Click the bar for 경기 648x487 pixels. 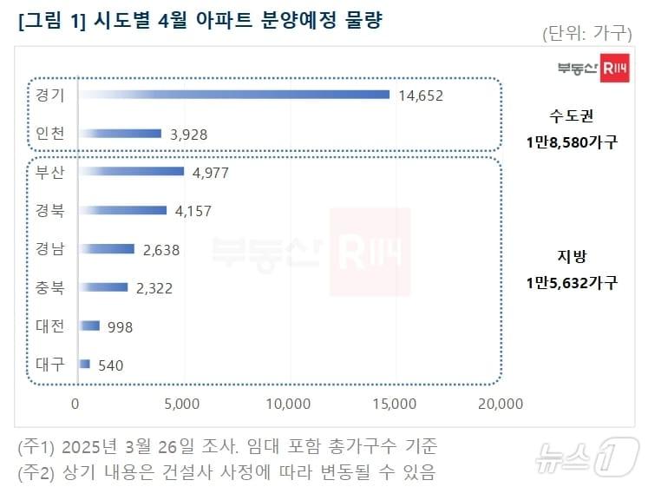pos(234,95)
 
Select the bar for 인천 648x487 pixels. pos(121,134)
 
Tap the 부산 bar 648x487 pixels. pos(132,172)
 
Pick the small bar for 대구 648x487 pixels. pos(85,365)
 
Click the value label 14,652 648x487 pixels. pos(420,95)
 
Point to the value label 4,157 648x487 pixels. pos(193,211)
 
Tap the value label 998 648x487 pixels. pos(120,326)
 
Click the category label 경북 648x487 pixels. pos(49,210)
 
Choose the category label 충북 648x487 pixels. pos(49,287)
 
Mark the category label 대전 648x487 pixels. pos(49,326)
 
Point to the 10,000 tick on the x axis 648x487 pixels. pos(287,404)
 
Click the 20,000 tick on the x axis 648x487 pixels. pos(500,404)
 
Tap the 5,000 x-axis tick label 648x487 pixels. pos(182,404)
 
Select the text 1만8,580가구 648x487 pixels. pos(572,141)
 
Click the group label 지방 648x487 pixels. pos(572,255)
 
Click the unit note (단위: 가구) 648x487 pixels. pos(587,34)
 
